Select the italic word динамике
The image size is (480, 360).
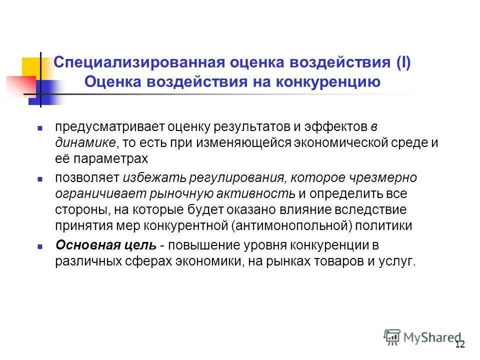coord(85,143)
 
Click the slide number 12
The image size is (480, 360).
coord(460,344)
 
